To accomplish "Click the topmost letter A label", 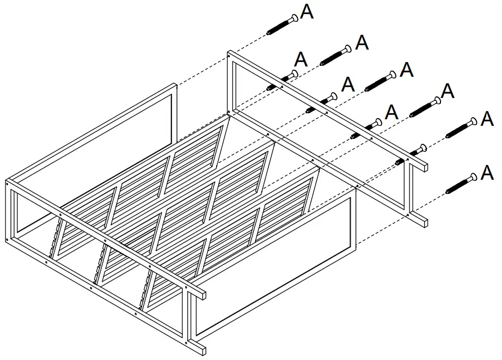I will pyautogui.click(x=307, y=12).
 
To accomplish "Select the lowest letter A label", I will pyautogui.click(x=487, y=174).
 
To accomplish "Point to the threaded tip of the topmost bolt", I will pyautogui.click(x=271, y=33).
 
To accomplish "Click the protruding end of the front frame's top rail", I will pyautogui.click(x=201, y=295).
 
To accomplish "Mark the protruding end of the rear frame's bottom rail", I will pyautogui.click(x=423, y=221).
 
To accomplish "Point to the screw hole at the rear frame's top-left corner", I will pyautogui.click(x=230, y=54).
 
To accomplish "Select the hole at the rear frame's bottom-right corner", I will pyautogui.click(x=408, y=216).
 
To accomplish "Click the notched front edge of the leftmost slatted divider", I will pyautogui.click(x=55, y=240).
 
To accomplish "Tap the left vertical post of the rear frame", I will pyautogui.click(x=231, y=82).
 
